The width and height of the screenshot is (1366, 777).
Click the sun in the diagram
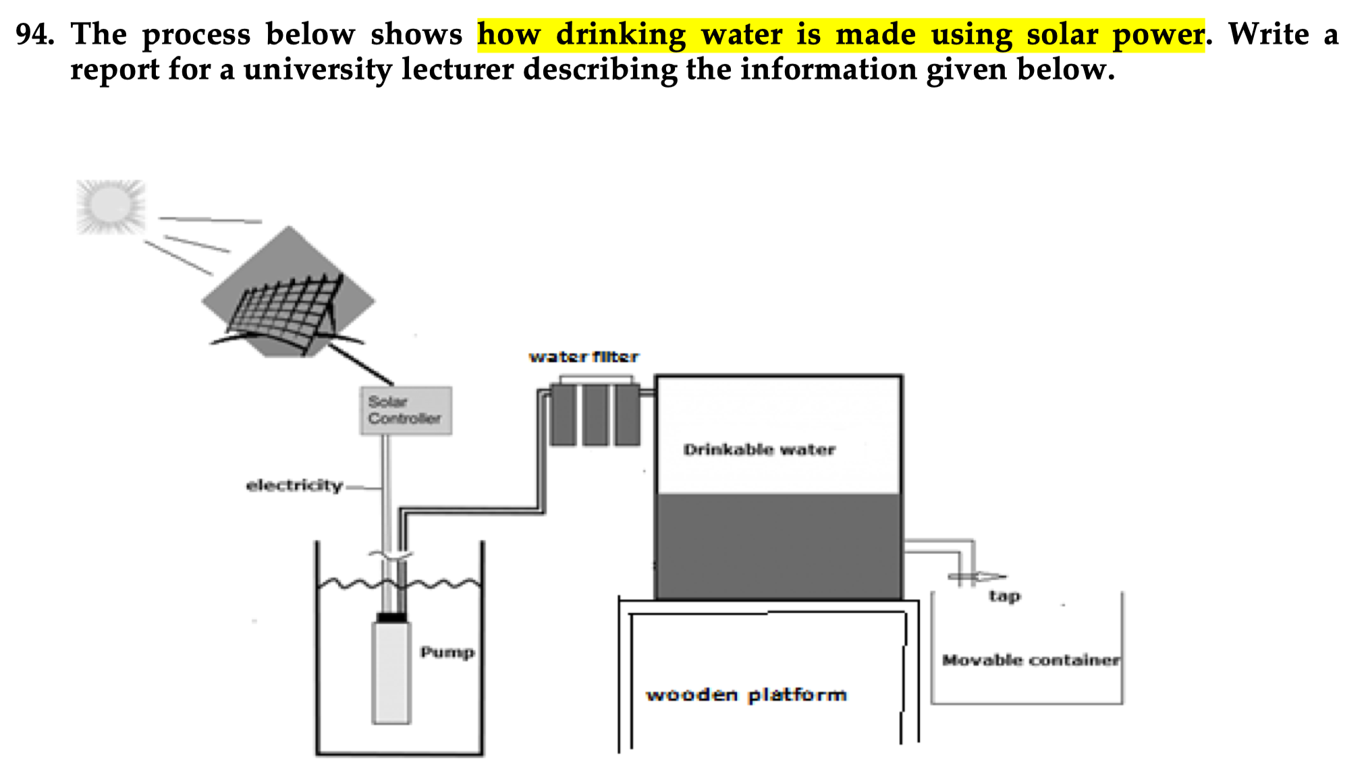[111, 206]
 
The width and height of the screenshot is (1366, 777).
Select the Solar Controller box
[406, 411]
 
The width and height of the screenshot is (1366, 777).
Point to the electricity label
[294, 486]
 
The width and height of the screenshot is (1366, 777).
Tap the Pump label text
[447, 652]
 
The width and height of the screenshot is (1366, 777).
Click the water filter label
[584, 357]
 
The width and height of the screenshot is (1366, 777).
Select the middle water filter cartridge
[595, 415]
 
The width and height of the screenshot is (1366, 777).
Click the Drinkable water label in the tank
[759, 450]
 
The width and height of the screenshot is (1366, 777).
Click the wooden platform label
[746, 695]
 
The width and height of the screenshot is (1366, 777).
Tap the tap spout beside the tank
[978, 577]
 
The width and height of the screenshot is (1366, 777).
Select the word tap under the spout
[1005, 596]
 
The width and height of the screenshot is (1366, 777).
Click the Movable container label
[1031, 660]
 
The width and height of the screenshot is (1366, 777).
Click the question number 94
[34, 34]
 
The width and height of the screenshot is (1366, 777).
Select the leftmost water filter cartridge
[564, 415]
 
